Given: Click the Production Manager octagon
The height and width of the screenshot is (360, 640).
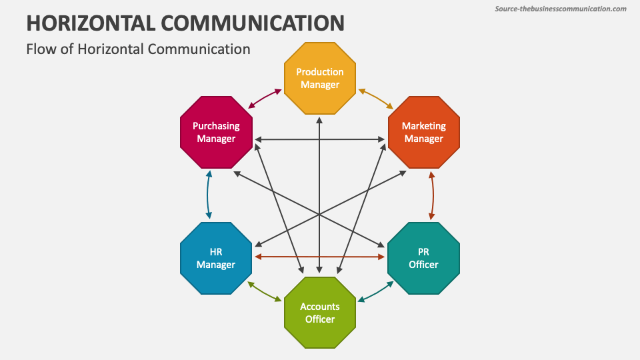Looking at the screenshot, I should [x=320, y=78].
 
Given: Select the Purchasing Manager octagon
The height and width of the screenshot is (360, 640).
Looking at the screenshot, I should [x=216, y=132].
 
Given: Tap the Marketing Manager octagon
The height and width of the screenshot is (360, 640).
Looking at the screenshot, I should [x=424, y=132].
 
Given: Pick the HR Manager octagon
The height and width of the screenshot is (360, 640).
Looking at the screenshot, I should [x=216, y=258].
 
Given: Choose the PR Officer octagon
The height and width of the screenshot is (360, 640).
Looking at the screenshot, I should [x=424, y=258].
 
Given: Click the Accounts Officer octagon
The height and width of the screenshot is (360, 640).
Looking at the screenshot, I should [x=320, y=312].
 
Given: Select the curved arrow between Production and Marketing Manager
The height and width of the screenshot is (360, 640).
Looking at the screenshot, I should [x=377, y=97].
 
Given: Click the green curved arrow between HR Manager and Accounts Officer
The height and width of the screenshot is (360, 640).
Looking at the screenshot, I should [x=265, y=293].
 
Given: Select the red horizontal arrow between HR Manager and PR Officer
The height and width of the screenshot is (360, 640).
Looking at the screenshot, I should [x=320, y=257].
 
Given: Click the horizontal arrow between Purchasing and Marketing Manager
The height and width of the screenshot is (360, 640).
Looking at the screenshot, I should [x=320, y=139].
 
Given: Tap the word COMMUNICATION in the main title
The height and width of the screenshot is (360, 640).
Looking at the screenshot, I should [x=252, y=23].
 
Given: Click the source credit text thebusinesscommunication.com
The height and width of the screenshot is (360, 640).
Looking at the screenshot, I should [x=561, y=9].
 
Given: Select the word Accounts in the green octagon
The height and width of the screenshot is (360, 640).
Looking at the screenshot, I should [x=320, y=307].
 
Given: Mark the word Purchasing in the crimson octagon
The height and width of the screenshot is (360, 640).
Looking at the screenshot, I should [x=216, y=125].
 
